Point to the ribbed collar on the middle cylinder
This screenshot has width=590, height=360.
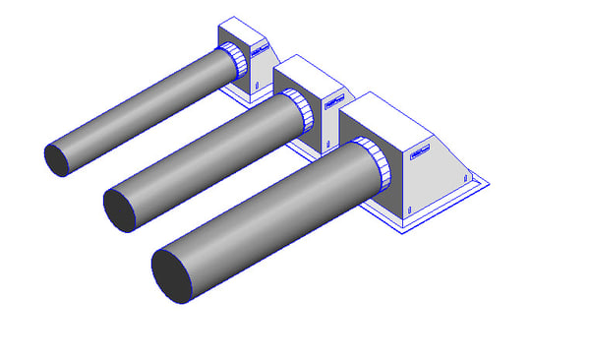point(301,110)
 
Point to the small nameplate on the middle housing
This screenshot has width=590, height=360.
point(330,100)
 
